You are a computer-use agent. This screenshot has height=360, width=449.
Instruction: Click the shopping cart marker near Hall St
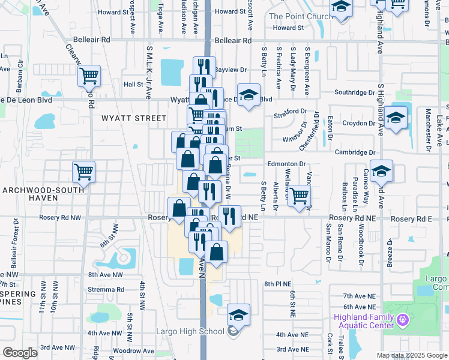pos(89,76)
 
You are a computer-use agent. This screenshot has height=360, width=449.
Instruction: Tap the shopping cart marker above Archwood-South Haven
pos(83,172)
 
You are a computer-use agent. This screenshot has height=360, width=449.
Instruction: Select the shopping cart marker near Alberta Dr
pos(299,194)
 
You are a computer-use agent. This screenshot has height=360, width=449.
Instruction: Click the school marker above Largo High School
pos(238,314)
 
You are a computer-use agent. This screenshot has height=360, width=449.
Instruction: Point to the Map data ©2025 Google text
pos(412,355)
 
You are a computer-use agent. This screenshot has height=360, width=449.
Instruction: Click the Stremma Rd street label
pos(106,289)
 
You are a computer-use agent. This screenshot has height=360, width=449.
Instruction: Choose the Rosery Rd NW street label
pos(60,217)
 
